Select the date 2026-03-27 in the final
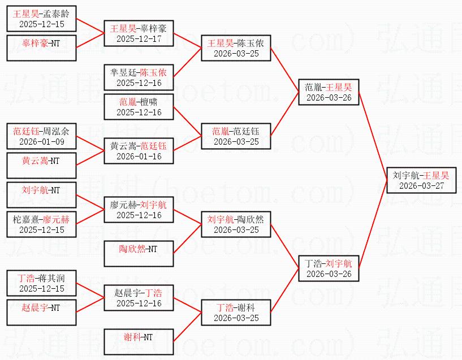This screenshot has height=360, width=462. [x=421, y=186]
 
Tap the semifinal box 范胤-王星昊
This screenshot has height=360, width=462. [x=328, y=92]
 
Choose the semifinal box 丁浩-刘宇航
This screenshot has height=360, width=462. [x=328, y=268]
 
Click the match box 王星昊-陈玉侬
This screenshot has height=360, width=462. [x=236, y=48]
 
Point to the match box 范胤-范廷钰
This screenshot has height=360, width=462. [x=236, y=136]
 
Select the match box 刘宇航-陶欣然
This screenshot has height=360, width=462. [x=236, y=224]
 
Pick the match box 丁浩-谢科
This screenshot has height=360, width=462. [x=236, y=313]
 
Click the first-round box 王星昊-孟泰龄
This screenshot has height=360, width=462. [x=41, y=19]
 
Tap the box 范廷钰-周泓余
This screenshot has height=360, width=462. [x=41, y=136]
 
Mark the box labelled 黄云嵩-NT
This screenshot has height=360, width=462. [x=41, y=166]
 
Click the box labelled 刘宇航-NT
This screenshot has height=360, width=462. [x=41, y=195]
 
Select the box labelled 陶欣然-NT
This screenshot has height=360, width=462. [x=139, y=254]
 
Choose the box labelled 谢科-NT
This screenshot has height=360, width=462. [x=139, y=342]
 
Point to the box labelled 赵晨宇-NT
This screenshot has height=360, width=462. [x=41, y=313]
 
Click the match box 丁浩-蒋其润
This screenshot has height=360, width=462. [x=41, y=283]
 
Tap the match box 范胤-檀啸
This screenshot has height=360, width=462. [x=139, y=107]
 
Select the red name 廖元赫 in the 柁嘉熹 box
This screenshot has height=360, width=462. [x=56, y=219]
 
